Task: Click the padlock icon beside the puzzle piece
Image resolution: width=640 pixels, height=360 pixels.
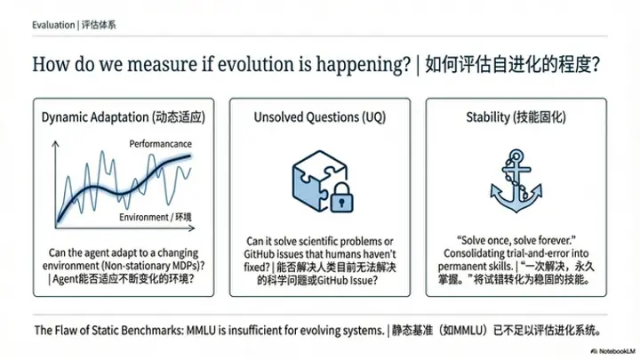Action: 340,199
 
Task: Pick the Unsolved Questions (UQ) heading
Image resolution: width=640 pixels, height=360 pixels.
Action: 319,117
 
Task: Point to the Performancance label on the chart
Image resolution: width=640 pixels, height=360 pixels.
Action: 161,143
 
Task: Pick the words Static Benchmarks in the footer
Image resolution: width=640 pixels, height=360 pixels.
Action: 135,330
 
